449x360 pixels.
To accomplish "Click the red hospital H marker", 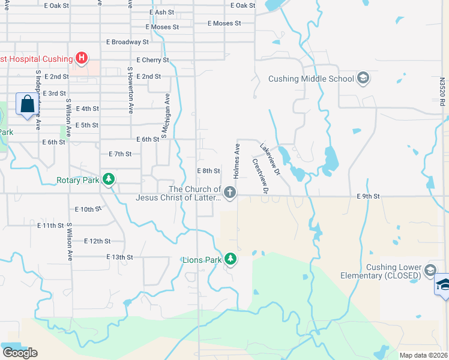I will click(82, 58).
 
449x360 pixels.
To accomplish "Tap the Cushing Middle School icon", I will click(363, 78).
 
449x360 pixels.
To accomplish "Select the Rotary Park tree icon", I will click(109, 179).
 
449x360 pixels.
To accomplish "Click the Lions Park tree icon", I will click(231, 259).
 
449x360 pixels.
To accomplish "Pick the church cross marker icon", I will click(231, 192).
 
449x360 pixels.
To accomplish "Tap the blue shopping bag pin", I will click(27, 104).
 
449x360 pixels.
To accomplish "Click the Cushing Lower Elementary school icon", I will click(430, 271).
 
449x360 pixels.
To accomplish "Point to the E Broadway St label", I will click(127, 42).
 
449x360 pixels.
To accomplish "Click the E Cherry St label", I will click(152, 60).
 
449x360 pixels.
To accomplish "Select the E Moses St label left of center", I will click(162, 27).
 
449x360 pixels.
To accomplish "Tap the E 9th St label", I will click(368, 196).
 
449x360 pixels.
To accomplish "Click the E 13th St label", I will click(119, 257).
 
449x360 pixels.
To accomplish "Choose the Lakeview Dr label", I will click(270, 159).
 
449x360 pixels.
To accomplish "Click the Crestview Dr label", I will click(259, 176).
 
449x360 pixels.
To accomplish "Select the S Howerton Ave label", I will click(130, 90).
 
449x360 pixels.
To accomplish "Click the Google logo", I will click(20, 353).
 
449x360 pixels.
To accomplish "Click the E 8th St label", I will click(208, 170).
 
